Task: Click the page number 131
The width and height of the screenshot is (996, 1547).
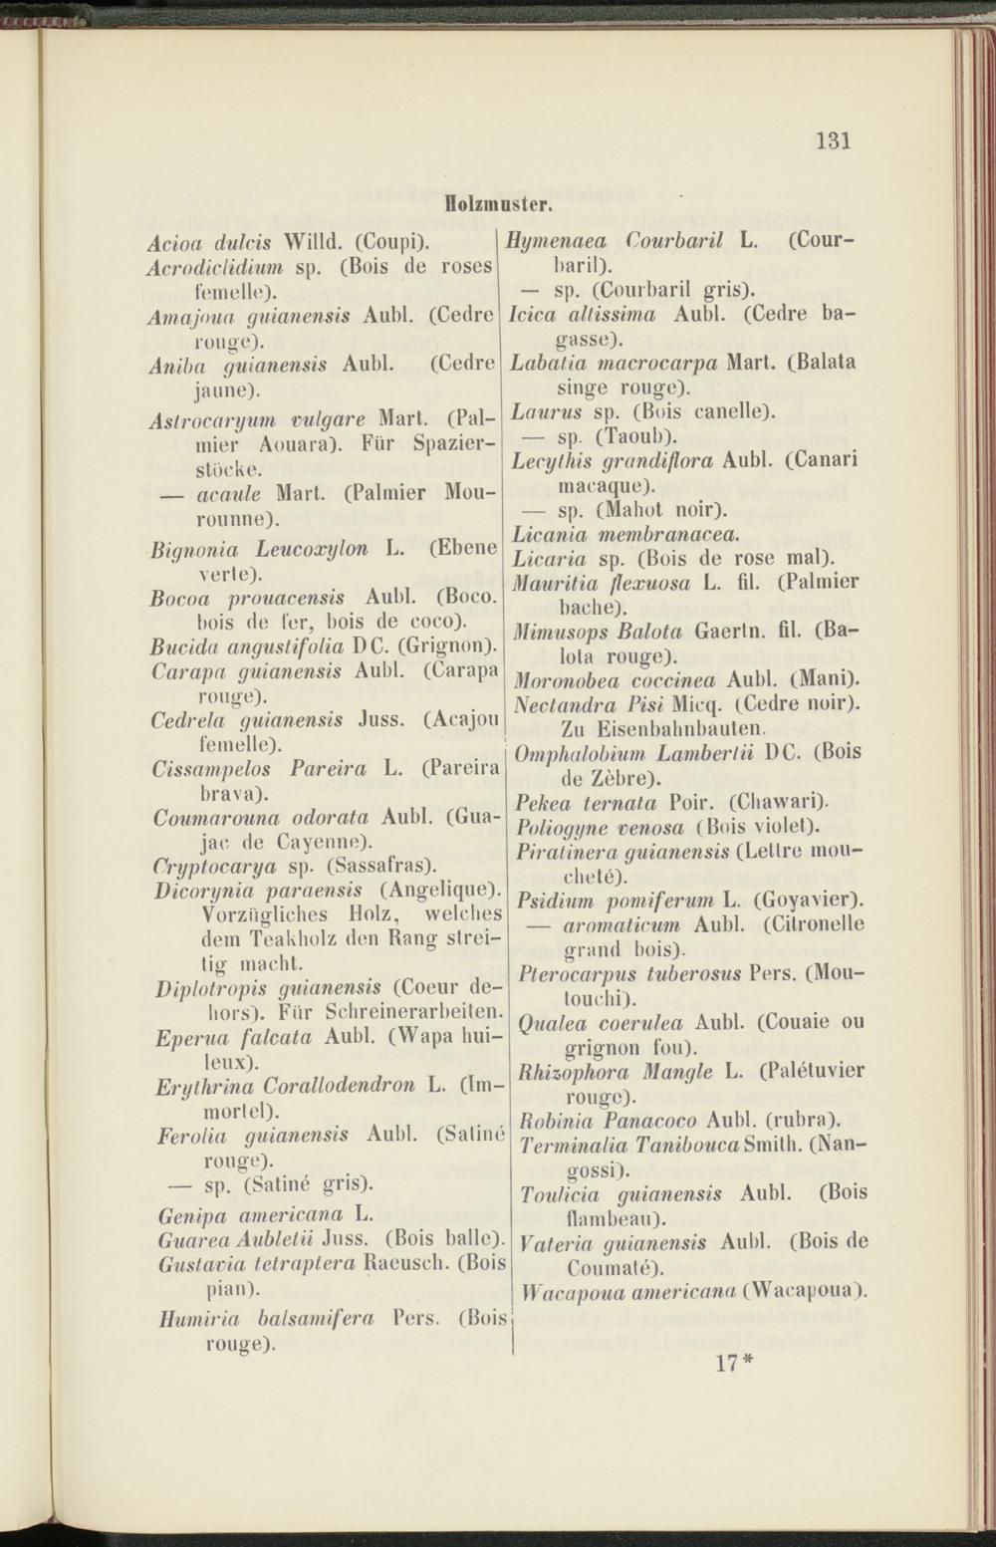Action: tap(833, 139)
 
